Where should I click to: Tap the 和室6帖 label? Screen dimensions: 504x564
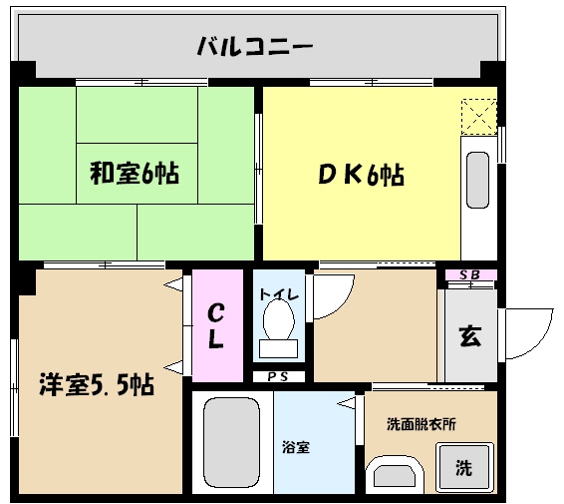coord(135,174)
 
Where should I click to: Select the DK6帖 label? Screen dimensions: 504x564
coord(361,175)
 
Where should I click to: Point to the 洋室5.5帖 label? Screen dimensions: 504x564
coord(97,383)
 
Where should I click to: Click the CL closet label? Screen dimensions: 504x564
coord(215,325)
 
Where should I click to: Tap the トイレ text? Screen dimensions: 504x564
coord(277,293)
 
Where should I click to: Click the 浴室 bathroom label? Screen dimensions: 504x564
coord(296,447)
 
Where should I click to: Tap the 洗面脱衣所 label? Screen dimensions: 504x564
coord(422,423)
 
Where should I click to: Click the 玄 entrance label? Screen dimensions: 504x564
coord(468,335)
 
